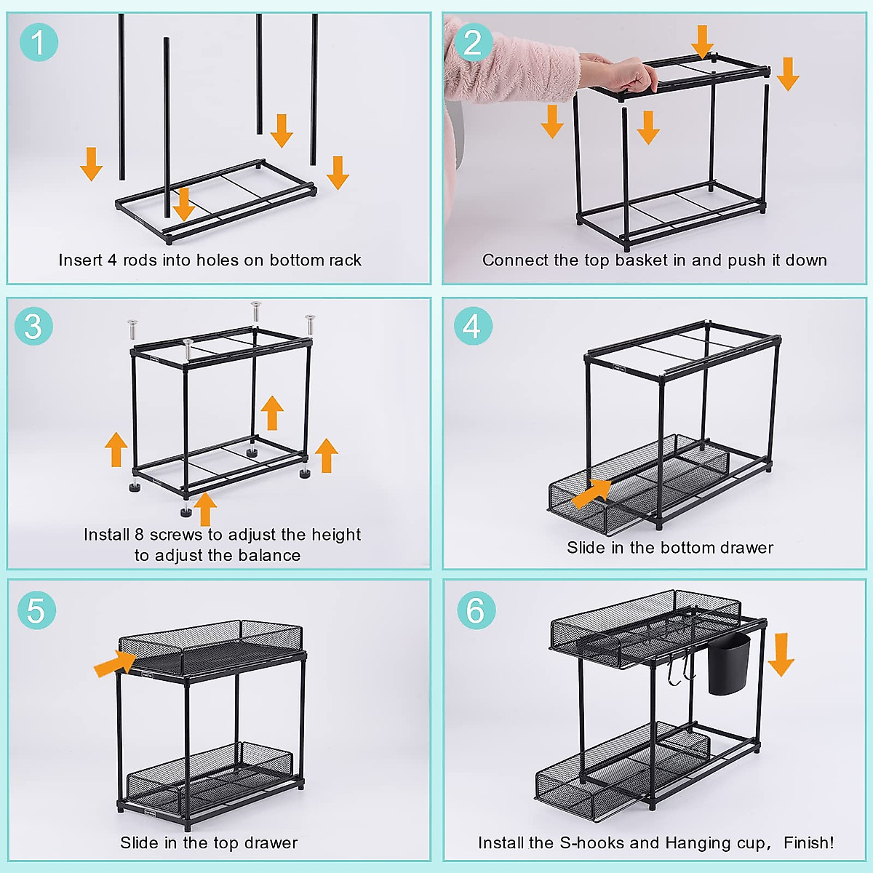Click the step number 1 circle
click(x=38, y=41)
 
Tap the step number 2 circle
click(x=473, y=42)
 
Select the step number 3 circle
click(x=33, y=326)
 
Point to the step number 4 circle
click(x=473, y=326)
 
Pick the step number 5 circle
click(x=36, y=610)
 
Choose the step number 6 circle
click(x=476, y=610)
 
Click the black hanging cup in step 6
click(x=728, y=663)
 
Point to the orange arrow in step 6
click(x=781, y=653)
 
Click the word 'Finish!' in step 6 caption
click(x=808, y=843)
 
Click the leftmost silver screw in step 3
click(x=132, y=329)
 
